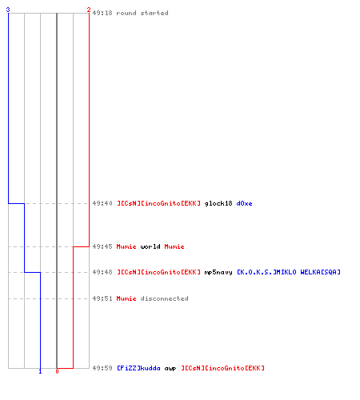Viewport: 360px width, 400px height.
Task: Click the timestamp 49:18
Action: [102, 13]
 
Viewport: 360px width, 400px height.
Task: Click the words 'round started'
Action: [142, 13]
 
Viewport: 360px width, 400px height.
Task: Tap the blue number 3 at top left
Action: [8, 10]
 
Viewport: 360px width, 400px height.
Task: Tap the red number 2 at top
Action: [89, 10]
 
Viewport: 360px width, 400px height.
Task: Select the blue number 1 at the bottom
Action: [40, 371]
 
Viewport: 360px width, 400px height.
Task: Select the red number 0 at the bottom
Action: [57, 371]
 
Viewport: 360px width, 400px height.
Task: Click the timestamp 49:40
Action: [102, 203]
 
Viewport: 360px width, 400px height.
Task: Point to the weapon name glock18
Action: [218, 204]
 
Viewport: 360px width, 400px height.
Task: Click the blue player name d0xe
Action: [244, 203]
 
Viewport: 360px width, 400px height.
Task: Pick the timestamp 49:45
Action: [102, 246]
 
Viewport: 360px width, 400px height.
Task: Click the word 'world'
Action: [150, 246]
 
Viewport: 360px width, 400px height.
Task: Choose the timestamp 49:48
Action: [102, 272]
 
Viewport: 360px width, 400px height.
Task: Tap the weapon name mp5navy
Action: [218, 273]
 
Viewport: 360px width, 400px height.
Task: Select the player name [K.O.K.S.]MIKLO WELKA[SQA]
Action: [289, 272]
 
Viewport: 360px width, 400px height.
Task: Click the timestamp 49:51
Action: [102, 298]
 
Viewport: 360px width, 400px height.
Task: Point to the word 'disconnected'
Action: [164, 298]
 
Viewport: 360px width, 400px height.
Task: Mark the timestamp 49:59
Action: [102, 368]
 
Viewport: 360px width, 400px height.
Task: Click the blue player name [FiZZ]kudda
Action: [138, 368]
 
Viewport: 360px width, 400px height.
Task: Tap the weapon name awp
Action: [170, 369]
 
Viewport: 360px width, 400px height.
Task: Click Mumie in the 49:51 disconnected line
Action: [126, 298]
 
